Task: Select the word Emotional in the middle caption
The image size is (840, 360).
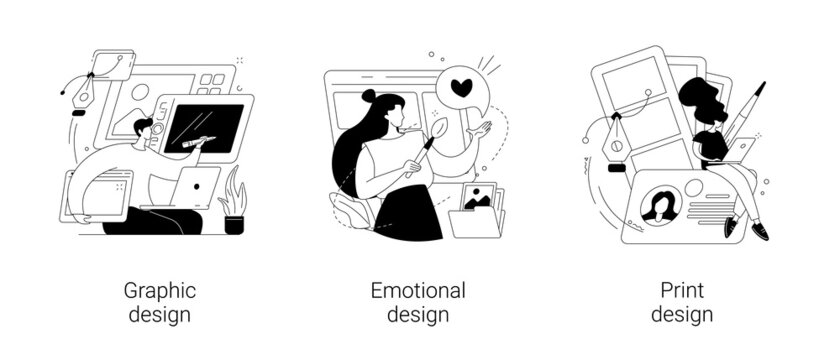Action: tap(419, 291)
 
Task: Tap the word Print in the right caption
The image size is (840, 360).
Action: tap(681, 291)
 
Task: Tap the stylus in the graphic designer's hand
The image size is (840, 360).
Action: tap(197, 142)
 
